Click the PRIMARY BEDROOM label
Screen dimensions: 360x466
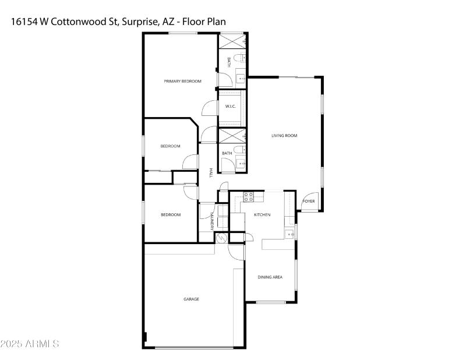tap(182, 81)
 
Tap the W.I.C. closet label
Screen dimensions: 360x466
tap(230, 106)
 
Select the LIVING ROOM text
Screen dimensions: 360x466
tap(284, 136)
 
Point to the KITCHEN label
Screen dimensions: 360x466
tap(262, 215)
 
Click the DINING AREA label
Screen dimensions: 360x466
tap(270, 277)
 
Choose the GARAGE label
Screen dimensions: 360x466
tap(192, 299)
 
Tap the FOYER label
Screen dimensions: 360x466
tap(308, 202)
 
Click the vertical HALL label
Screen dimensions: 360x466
tap(211, 173)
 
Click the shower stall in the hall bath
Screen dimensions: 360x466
tap(231, 136)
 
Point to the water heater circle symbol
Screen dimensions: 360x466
tap(221, 238)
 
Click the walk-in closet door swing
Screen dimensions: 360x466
tap(210, 108)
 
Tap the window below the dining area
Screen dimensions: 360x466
tap(270, 302)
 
